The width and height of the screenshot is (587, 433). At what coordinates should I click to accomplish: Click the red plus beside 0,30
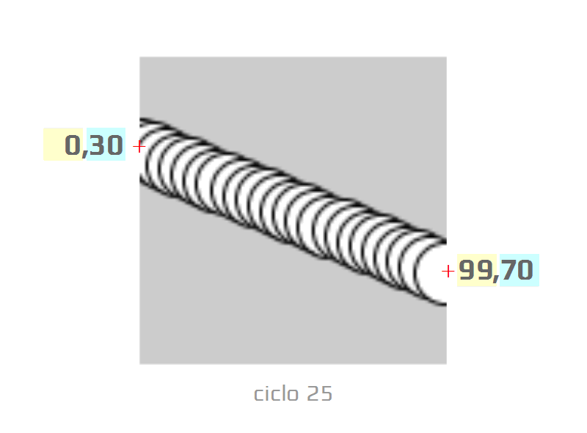(139, 147)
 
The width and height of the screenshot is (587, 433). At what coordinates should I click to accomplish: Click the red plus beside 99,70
(448, 271)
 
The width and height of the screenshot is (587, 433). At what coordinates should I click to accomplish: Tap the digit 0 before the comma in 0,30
(72, 145)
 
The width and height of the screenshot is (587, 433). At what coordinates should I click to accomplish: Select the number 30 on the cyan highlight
(106, 145)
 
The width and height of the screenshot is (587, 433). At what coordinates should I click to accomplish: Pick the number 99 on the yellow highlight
(475, 270)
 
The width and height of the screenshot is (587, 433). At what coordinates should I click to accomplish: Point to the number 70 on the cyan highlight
(517, 270)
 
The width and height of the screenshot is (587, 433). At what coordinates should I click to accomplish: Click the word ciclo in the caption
(277, 393)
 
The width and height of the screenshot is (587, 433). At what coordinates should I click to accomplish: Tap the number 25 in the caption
(319, 393)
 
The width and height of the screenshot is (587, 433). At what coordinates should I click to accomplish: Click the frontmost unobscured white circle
(431, 273)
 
